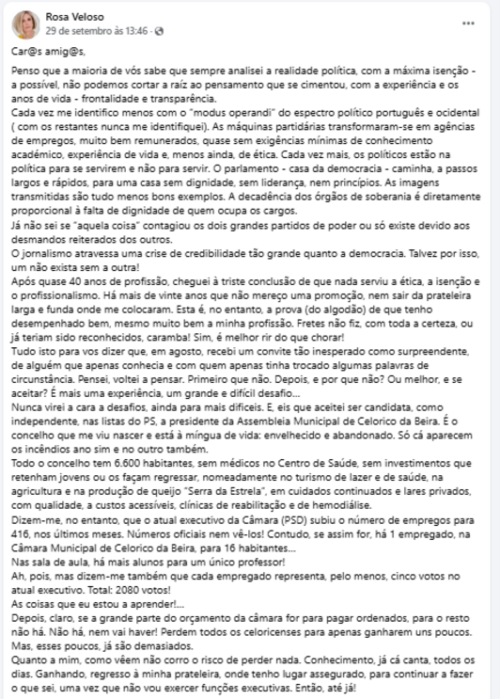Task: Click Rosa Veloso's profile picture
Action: point(25,23)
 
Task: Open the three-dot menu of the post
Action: point(468,21)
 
